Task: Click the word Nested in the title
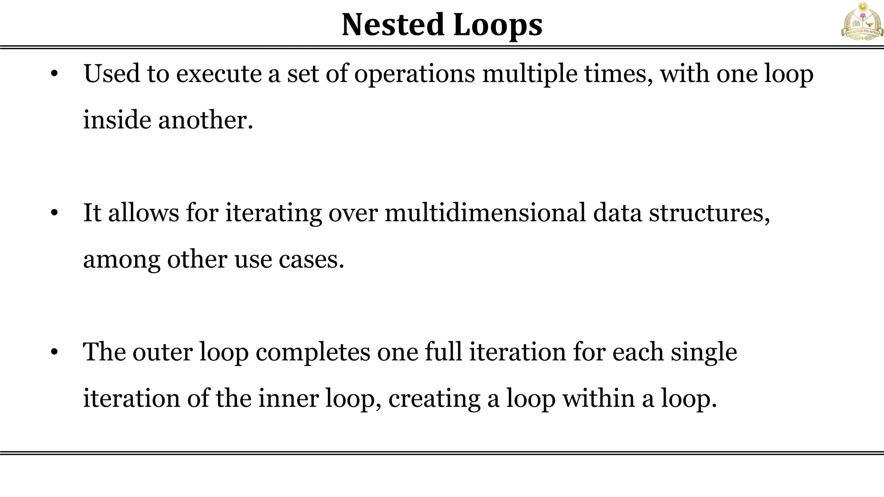pos(393,25)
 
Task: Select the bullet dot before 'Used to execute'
pos(54,74)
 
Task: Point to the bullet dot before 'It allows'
pos(54,213)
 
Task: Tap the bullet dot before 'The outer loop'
pos(54,352)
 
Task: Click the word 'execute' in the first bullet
pos(219,74)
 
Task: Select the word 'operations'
pos(414,75)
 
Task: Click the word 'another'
pos(205,120)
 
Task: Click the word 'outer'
pos(162,352)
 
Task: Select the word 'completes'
pos(313,353)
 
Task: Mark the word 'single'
pos(704,353)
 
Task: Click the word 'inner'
pos(288,398)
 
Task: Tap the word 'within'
pos(599,398)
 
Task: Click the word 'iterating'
pos(273,214)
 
